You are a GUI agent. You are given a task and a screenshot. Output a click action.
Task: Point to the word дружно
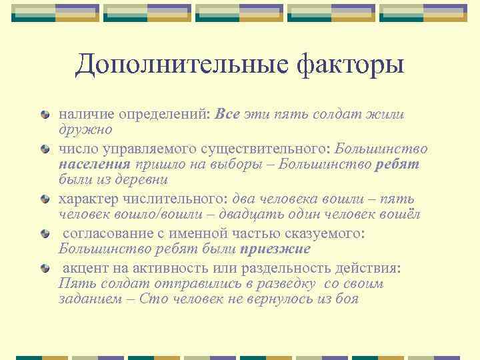coord(85,129)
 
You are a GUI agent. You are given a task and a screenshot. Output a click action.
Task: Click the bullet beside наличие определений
coord(45,115)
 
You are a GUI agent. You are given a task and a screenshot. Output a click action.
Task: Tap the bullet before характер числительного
coord(45,199)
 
